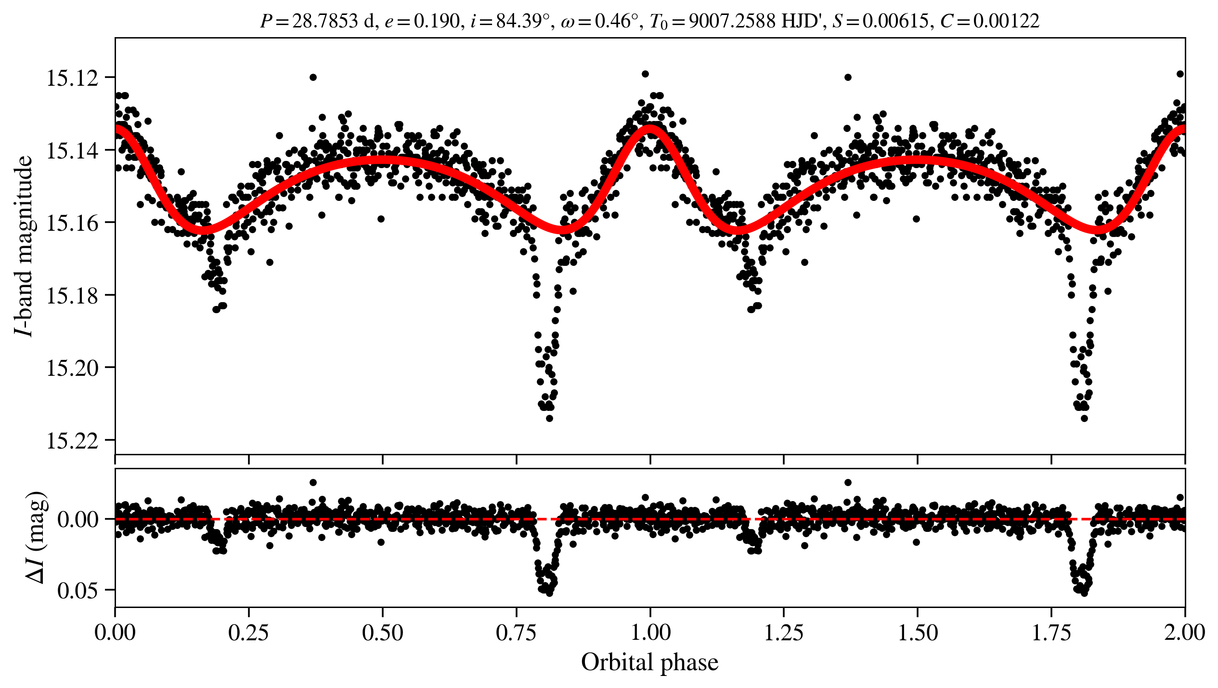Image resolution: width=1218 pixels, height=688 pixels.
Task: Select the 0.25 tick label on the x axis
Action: pos(248,633)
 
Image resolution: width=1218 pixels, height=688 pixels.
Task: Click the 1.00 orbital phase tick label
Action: pos(650,633)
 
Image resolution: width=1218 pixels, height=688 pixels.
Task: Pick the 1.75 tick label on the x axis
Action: pos(1051,633)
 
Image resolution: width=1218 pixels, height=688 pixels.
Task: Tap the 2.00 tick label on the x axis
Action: pos(1184,633)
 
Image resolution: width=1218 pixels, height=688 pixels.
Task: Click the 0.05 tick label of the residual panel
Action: pos(78,591)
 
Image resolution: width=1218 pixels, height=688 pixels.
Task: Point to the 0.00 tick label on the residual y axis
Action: pos(78,520)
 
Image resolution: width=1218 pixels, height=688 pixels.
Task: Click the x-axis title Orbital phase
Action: pos(650,662)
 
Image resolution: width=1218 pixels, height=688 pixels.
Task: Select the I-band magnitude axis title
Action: pos(24,246)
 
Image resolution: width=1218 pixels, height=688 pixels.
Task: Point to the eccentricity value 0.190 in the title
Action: pos(437,21)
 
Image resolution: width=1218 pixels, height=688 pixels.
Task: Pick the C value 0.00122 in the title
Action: pos(1006,21)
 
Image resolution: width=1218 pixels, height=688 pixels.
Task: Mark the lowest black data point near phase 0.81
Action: pos(549,418)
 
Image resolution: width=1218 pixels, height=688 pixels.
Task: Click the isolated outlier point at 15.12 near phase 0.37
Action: pos(313,77)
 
